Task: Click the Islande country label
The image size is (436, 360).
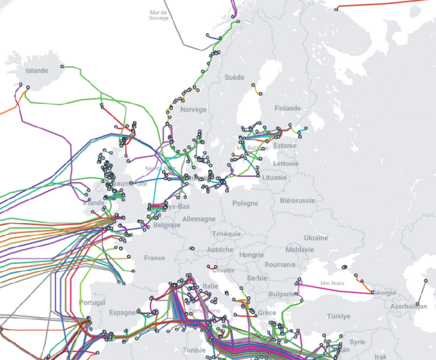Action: tap(36, 70)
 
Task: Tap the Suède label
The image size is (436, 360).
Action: tap(234, 78)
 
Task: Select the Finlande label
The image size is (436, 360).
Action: tap(288, 108)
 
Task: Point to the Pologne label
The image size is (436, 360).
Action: tap(245, 203)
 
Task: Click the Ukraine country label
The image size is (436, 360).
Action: tap(315, 238)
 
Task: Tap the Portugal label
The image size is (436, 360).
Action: tap(92, 302)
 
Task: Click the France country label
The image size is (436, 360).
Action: tap(155, 258)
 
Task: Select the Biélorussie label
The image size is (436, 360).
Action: tap(297, 201)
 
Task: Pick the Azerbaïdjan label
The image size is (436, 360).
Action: tap(408, 306)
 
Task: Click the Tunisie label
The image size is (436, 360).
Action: tap(198, 350)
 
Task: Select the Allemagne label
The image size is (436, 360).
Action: tap(199, 219)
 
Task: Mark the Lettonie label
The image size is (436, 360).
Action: tap(286, 163)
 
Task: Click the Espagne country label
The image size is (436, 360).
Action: tap(122, 313)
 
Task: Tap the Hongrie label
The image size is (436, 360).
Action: tap(251, 255)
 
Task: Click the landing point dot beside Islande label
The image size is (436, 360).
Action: tap(62, 67)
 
